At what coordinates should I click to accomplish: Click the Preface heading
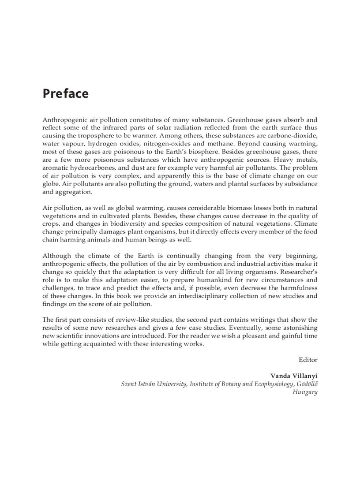pyautogui.click(x=65, y=94)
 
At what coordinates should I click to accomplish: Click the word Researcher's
pyautogui.click(x=296, y=272)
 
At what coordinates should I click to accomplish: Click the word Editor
pyautogui.click(x=308, y=360)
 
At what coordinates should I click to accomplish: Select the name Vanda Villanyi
pyautogui.click(x=294, y=376)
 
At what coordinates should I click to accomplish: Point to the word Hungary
pyautogui.click(x=305, y=392)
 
